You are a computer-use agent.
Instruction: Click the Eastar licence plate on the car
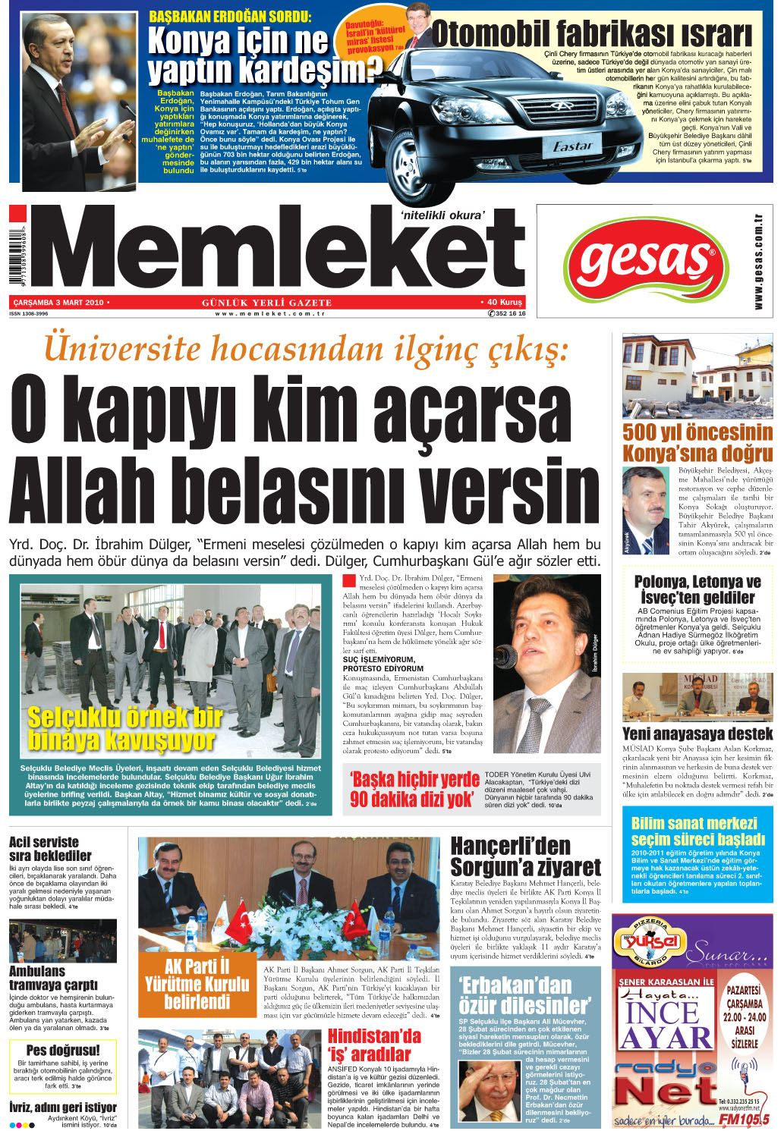click(x=572, y=146)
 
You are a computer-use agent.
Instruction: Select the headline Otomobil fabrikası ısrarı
click(x=591, y=34)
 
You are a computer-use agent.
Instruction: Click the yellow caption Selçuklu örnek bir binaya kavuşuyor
click(x=125, y=728)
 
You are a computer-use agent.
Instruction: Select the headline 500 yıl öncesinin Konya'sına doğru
click(x=697, y=443)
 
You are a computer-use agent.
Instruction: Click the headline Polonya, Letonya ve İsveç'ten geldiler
click(x=697, y=589)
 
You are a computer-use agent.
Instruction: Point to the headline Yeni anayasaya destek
click(x=697, y=734)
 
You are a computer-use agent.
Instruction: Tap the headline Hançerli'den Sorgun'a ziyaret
click(x=525, y=856)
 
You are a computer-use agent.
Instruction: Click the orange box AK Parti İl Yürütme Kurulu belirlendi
click(x=197, y=984)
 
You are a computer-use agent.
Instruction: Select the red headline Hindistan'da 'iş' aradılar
click(x=373, y=1045)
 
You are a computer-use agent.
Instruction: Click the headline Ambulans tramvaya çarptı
click(x=53, y=978)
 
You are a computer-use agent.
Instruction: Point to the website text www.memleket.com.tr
click(x=269, y=313)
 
